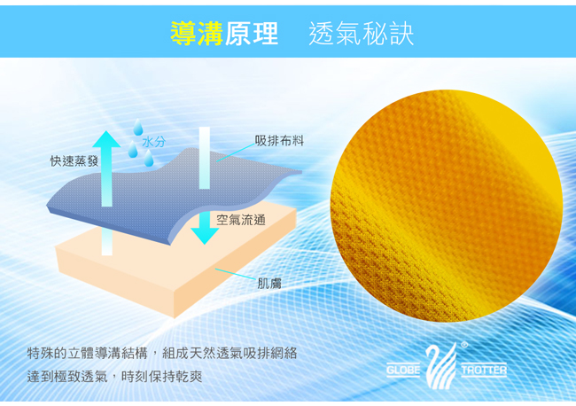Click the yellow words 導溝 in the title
coord(197,34)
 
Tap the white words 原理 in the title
coord(252,34)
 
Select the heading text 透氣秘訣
coord(362,34)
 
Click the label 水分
coord(154,142)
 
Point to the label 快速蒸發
coord(74,160)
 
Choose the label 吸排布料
coord(279,140)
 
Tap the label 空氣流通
coord(241,220)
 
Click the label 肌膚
coord(269,284)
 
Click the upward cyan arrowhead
coord(106,140)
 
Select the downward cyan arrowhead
coord(205,236)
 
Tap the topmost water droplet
coord(138,127)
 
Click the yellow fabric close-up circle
coord(447,207)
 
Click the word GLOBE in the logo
coord(403,370)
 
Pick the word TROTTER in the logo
coord(484,370)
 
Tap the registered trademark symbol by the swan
coord(464,345)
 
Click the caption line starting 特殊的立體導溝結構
coord(162,353)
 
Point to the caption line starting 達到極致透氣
coord(114,376)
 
